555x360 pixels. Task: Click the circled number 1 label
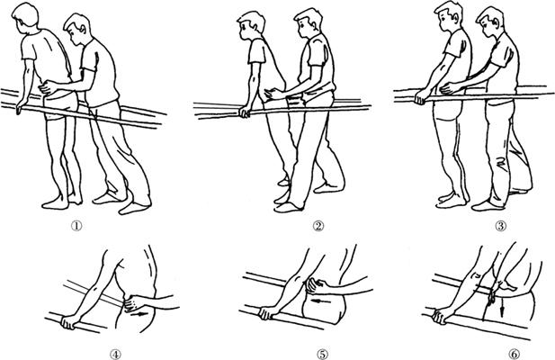[x=76, y=226]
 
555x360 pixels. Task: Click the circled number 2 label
[x=318, y=226]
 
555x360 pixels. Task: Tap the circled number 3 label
[x=500, y=226]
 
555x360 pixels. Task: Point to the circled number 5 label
[x=323, y=354]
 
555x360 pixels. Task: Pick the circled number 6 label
[x=515, y=354]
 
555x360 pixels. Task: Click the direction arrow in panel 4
[x=139, y=314]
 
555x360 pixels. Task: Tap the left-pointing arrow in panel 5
[x=322, y=301]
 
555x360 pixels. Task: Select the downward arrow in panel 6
[x=502, y=310]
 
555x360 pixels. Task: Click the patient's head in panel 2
[x=251, y=26]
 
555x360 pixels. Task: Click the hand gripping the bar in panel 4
[x=69, y=322]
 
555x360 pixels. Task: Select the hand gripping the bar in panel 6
[x=440, y=316]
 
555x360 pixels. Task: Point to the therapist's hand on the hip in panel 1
[x=49, y=87]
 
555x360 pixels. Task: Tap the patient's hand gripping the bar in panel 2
[x=245, y=112]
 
